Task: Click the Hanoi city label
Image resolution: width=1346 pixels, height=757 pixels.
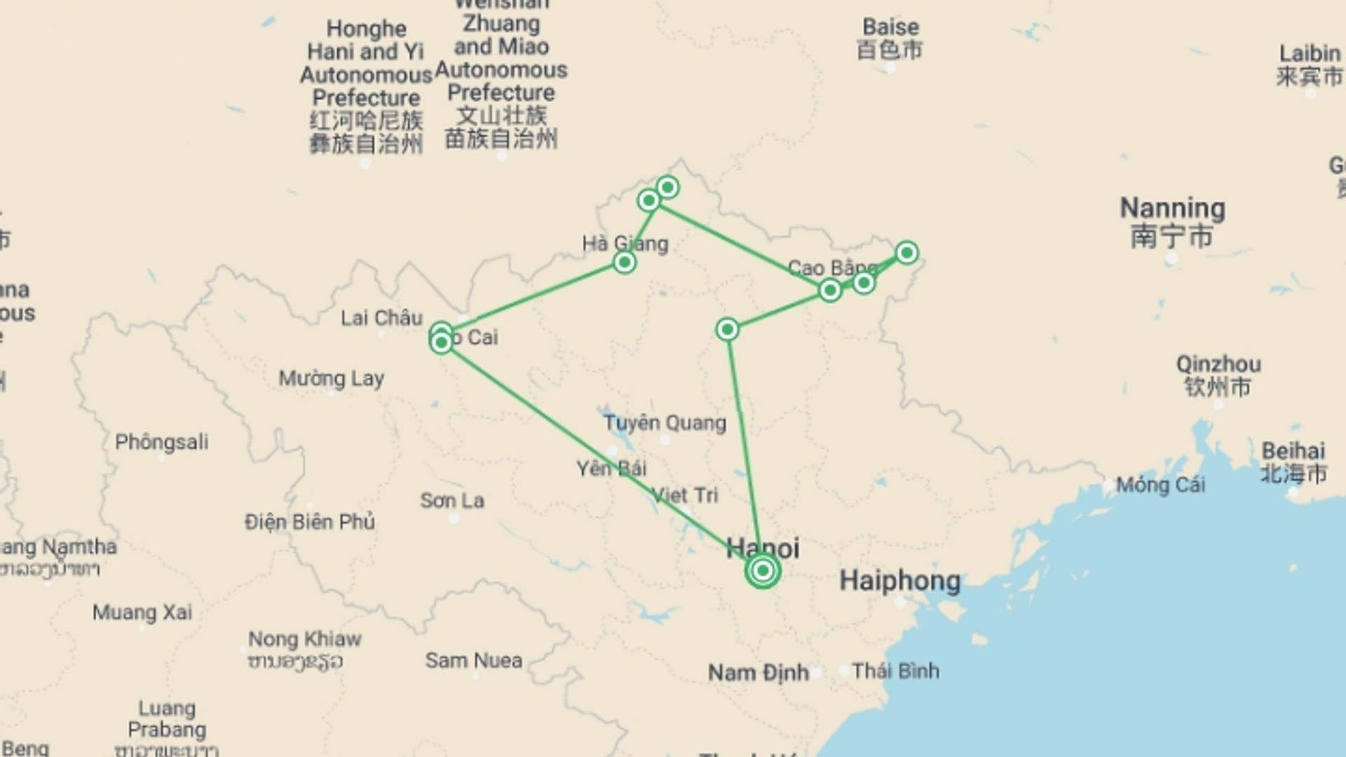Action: tap(763, 548)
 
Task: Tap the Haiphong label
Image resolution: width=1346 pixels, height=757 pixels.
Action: tap(900, 580)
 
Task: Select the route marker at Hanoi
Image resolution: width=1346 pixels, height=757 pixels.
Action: tap(763, 571)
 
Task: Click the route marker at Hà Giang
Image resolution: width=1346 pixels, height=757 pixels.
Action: tap(624, 263)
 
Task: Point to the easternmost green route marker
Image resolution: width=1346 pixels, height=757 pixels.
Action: tap(906, 252)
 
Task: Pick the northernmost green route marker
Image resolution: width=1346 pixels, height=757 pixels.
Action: tap(667, 187)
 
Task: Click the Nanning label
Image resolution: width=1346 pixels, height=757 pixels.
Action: tap(1172, 209)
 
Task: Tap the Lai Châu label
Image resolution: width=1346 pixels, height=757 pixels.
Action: tap(381, 318)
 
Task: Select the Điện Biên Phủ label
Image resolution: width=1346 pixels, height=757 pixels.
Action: tap(309, 521)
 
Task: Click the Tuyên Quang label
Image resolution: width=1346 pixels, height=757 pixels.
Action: tap(665, 423)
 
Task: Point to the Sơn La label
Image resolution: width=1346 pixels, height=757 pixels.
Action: tap(452, 500)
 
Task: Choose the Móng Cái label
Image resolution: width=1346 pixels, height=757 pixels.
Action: tap(1160, 484)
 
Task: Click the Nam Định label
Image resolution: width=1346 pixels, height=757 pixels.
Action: tap(758, 673)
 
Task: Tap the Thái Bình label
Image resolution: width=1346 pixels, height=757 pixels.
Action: tap(895, 671)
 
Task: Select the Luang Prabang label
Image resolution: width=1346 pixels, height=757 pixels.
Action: tap(167, 719)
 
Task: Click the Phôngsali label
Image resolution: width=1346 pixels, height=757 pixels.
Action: tap(161, 442)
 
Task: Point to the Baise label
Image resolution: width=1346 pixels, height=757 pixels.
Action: tap(890, 27)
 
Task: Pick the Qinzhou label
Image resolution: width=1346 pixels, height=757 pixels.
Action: tap(1218, 364)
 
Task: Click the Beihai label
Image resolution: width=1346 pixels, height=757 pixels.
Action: tap(1293, 451)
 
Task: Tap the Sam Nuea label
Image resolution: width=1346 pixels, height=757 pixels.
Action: tap(474, 660)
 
